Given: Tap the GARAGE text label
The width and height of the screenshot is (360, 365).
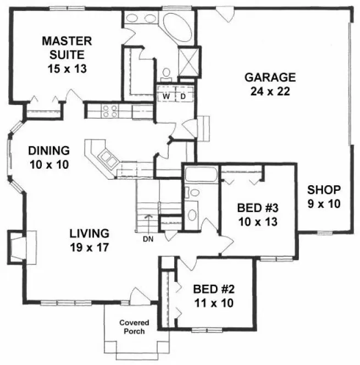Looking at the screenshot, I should (x=270, y=77).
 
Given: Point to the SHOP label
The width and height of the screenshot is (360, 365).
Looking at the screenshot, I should (x=324, y=190).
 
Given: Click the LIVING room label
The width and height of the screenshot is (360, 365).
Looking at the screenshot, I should (x=89, y=233).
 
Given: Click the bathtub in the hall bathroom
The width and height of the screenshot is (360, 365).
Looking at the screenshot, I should (x=200, y=175).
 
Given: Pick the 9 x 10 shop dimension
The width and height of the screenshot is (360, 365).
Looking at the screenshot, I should (x=324, y=203).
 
